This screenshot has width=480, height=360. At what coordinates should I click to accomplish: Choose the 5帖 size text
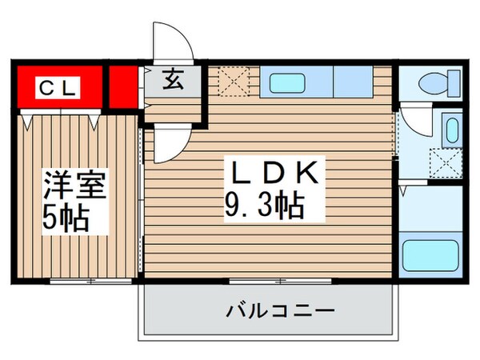(x=66, y=217)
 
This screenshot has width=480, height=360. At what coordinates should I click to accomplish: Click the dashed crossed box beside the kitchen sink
(x=236, y=81)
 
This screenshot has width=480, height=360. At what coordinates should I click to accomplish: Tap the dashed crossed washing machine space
(x=445, y=165)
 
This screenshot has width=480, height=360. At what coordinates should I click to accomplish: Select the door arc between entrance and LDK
(x=170, y=142)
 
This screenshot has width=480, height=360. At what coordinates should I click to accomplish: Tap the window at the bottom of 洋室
(x=90, y=281)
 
